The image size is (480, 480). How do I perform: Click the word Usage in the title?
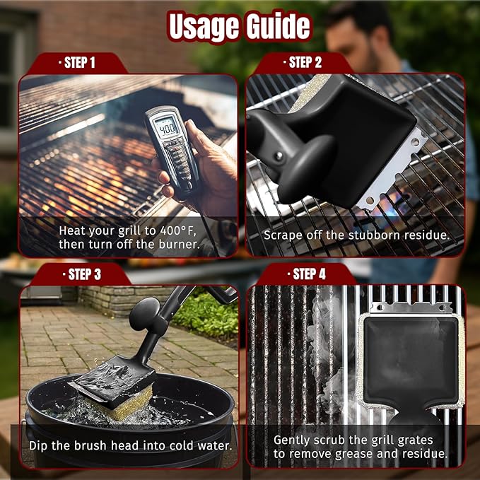(x=203, y=26)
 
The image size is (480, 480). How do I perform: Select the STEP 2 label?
(x=305, y=62)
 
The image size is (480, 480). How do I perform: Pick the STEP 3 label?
(x=83, y=274)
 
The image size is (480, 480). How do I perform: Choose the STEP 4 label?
(x=308, y=274)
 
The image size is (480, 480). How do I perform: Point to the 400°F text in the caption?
(x=172, y=230)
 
